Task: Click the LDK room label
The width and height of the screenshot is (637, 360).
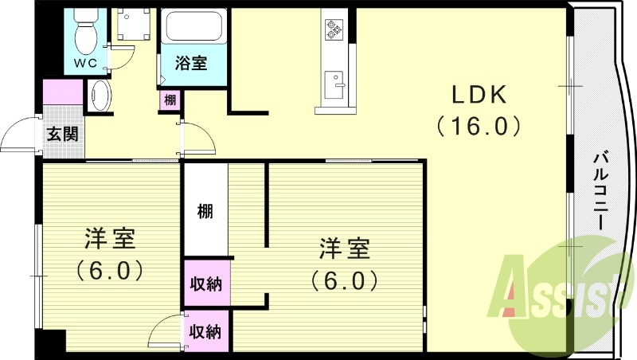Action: (479, 95)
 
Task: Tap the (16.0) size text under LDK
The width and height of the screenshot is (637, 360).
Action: (479, 126)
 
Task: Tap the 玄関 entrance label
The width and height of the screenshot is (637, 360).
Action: (62, 134)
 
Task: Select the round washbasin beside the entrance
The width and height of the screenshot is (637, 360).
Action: (100, 96)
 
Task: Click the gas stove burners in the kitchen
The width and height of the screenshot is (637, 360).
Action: (332, 30)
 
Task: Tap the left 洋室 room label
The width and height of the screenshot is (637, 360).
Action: (110, 238)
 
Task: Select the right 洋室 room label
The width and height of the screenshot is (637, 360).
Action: (345, 248)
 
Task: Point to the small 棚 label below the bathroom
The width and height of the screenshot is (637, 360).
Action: (170, 100)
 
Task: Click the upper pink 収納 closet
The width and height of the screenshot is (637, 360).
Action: (206, 284)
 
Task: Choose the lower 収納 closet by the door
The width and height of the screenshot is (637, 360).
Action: (206, 331)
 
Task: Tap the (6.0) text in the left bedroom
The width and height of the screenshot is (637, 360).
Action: (110, 270)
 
